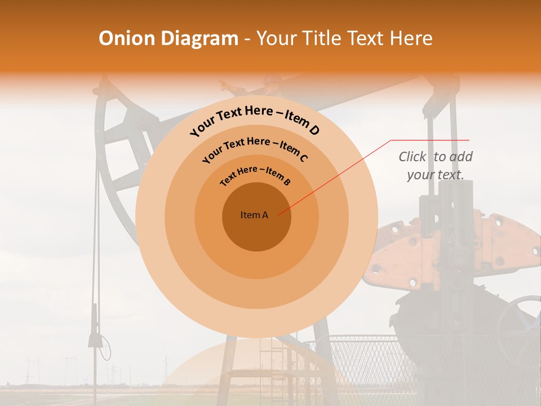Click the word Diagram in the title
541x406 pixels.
point(199,38)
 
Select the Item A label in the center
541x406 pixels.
point(254,215)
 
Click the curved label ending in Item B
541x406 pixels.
point(255,175)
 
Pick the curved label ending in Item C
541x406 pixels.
point(255,149)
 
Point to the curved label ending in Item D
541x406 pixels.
point(255,121)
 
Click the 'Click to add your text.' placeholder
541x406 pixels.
point(435,166)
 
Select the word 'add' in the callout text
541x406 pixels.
point(460,157)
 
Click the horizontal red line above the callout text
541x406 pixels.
point(430,140)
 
